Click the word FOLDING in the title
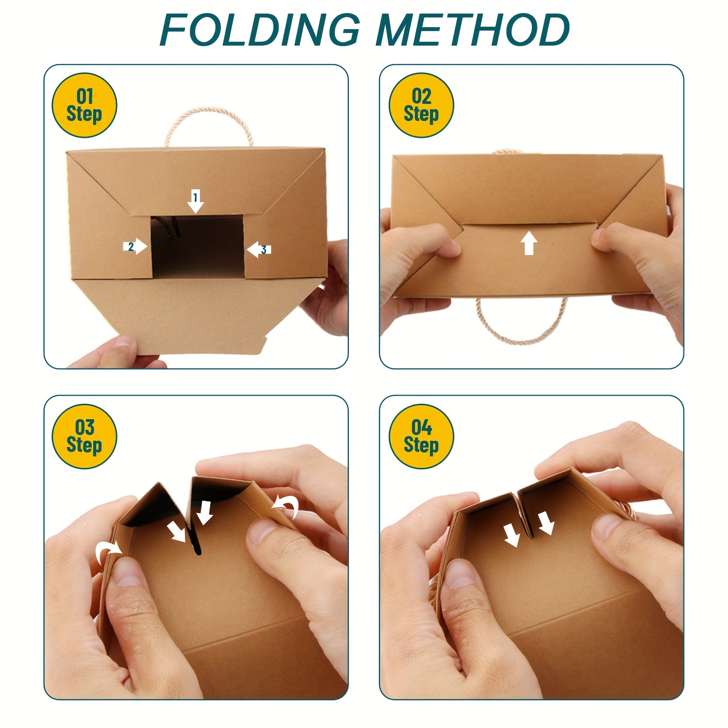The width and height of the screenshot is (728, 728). point(260,30)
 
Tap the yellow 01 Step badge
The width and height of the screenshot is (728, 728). point(84,105)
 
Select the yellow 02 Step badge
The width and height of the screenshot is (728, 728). point(421,105)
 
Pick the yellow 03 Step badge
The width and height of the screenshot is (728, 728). point(84,436)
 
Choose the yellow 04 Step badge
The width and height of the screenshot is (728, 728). point(421,436)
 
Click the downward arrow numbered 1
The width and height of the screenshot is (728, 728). point(196,201)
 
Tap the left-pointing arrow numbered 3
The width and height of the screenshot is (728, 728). point(258,249)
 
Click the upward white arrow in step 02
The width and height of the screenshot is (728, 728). point(529,243)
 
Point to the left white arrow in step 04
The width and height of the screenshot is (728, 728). point(512,535)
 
